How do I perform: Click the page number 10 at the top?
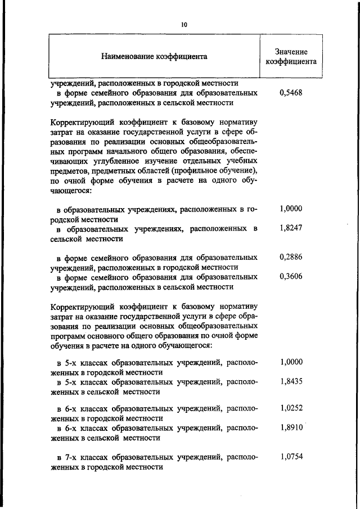tap(184, 25)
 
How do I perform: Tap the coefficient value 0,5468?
tap(291, 93)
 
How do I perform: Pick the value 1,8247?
tap(291, 229)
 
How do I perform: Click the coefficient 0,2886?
tap(291, 256)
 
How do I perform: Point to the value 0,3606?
tap(291, 277)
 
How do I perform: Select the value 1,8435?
tap(291, 381)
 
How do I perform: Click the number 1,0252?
tap(291, 408)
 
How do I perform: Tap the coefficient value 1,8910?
tap(291, 427)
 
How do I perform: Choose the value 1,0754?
tap(291, 456)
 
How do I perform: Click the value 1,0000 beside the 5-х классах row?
tap(291, 362)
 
